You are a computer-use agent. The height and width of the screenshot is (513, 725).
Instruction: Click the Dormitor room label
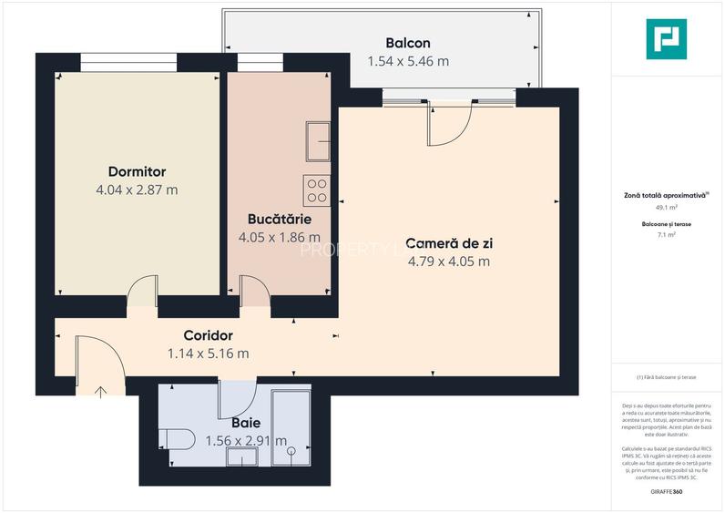click(137, 171)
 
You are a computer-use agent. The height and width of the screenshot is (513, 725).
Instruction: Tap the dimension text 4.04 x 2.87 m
click(137, 190)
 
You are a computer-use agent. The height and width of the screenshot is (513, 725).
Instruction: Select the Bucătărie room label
click(280, 220)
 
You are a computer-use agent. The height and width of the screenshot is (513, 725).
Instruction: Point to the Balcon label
click(407, 43)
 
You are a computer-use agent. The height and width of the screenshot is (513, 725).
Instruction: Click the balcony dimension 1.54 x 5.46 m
click(407, 62)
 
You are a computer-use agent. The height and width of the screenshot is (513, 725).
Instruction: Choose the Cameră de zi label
click(448, 243)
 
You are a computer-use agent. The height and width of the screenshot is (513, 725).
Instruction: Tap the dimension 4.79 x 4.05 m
click(448, 262)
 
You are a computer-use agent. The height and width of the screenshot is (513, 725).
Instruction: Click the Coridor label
click(208, 335)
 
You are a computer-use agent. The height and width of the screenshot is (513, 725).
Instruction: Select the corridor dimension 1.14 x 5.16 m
click(208, 354)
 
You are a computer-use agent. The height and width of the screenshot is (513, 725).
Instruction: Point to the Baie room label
click(246, 423)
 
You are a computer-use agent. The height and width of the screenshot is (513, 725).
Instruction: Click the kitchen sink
click(318, 139)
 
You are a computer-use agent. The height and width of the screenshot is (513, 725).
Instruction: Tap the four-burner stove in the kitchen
click(316, 190)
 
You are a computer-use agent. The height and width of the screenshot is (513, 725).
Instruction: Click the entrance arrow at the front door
click(100, 392)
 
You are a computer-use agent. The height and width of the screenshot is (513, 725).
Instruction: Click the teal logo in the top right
click(666, 39)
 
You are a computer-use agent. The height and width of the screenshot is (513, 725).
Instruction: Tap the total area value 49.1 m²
click(666, 207)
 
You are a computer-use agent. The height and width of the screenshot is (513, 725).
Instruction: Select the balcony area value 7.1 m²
click(666, 235)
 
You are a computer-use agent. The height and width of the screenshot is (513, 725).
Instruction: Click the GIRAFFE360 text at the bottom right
click(666, 492)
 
